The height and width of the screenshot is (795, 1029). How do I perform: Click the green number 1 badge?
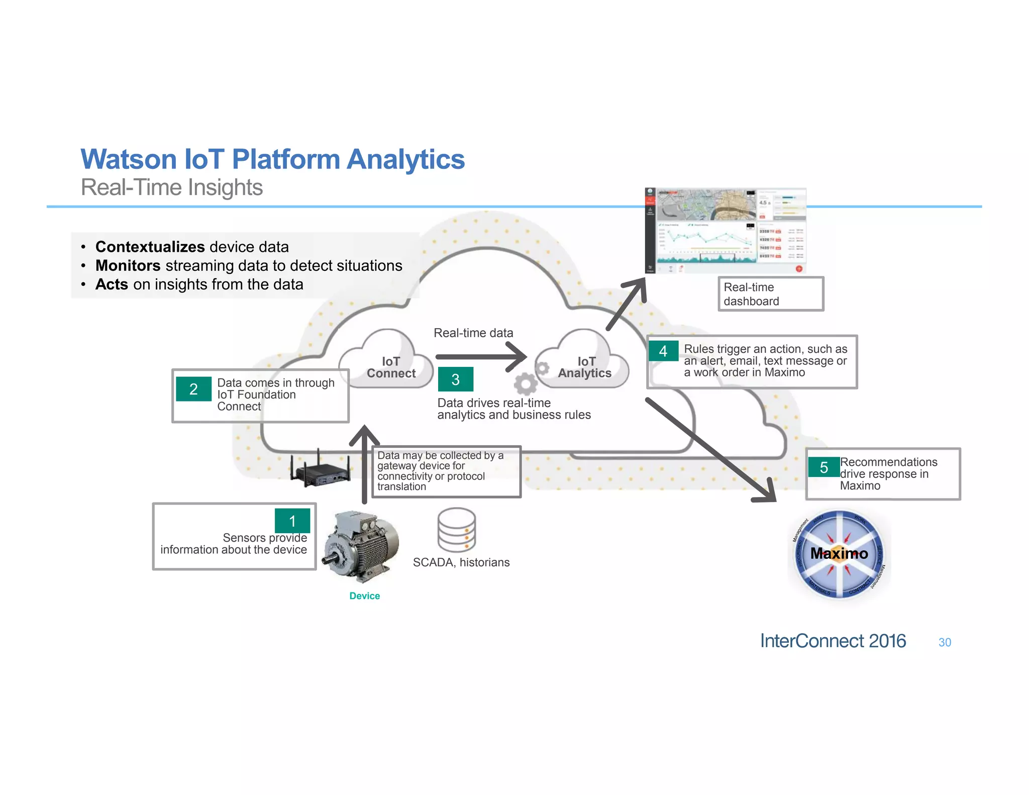(292, 521)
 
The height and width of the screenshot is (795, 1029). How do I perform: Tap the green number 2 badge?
(193, 389)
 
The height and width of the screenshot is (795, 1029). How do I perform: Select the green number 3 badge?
(455, 379)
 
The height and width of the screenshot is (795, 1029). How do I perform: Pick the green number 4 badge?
(663, 351)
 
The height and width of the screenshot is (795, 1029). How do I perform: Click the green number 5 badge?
(824, 467)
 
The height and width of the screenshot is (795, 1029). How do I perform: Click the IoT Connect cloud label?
(391, 367)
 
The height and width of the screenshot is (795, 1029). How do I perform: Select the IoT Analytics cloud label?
(585, 367)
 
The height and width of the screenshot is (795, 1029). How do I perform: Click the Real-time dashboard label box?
(770, 294)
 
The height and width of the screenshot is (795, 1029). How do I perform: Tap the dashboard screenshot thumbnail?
(726, 231)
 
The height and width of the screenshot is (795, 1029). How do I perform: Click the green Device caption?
(364, 596)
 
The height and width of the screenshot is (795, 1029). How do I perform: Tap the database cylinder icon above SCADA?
(456, 530)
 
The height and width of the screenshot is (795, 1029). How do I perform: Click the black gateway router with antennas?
(320, 470)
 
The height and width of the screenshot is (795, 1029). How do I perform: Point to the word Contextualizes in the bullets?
(150, 247)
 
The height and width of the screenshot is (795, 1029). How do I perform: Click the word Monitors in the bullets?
(128, 265)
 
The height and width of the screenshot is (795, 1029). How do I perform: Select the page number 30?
(945, 642)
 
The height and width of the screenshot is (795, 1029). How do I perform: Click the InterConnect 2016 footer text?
(833, 641)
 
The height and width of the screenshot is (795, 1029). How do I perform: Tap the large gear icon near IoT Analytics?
(526, 384)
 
